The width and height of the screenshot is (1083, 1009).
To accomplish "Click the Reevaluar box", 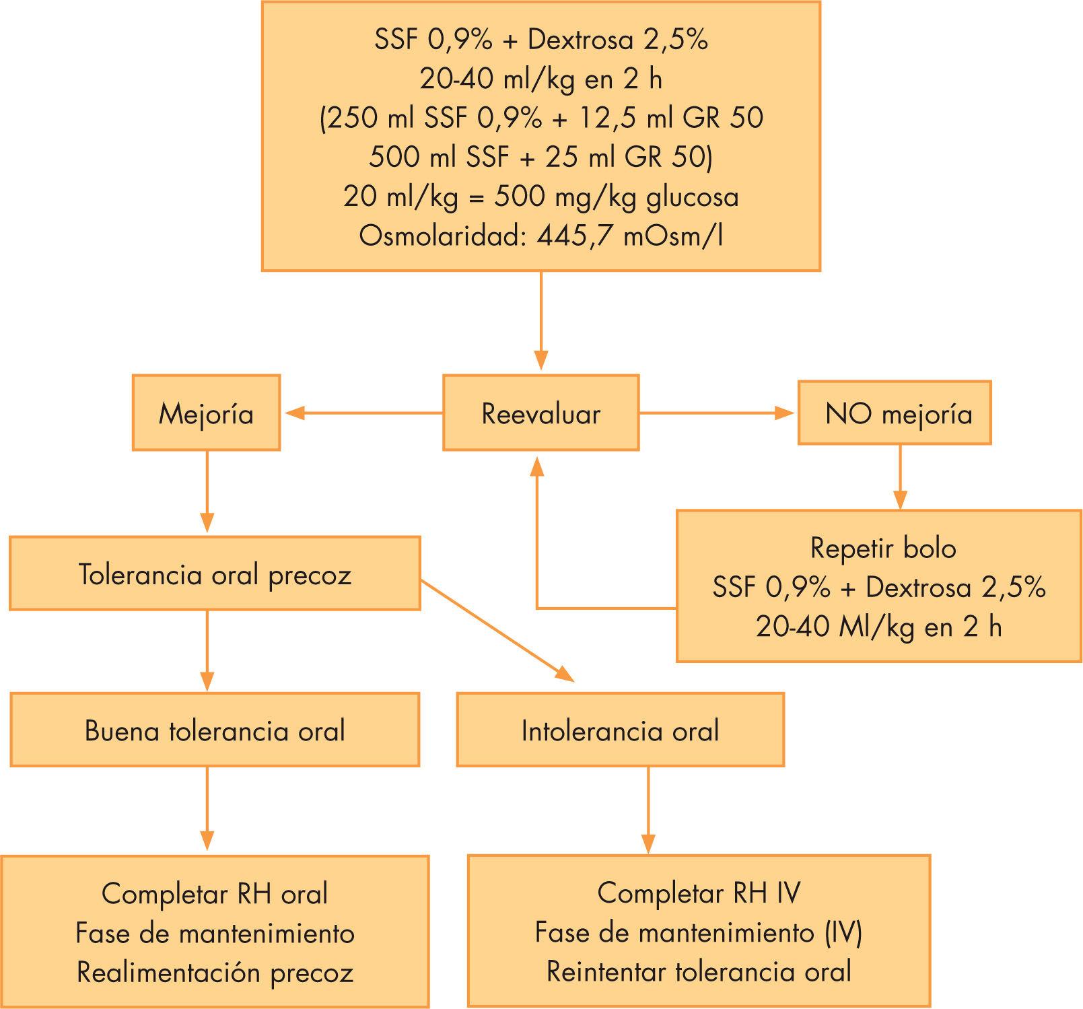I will point(540,413).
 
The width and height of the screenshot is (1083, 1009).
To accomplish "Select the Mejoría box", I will point(206,413).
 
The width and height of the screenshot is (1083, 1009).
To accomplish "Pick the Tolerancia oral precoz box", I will point(215,573).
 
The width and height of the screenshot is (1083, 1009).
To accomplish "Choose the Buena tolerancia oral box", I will point(215,730).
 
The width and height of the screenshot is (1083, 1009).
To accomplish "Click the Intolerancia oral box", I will point(620,730).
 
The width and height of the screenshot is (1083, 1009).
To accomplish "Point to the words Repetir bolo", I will point(882,548).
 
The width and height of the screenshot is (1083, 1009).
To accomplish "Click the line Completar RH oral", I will point(215,894).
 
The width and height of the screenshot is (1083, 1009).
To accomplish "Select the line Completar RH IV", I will point(699,893).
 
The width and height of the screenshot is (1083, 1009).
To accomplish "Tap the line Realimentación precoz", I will point(215,972).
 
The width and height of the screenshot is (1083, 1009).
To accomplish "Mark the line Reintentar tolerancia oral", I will point(699,971).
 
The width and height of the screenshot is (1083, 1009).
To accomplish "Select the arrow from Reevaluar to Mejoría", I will point(363,413).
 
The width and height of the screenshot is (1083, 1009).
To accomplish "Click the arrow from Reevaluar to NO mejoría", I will point(718,413).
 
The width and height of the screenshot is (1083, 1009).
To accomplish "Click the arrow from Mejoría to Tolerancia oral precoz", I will point(207,492).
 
